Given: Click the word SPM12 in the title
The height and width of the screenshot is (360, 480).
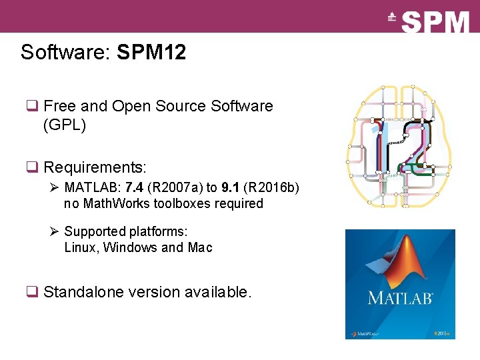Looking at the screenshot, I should pyautogui.click(x=151, y=53).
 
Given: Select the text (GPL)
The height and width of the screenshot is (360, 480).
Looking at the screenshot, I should pyautogui.click(x=65, y=125).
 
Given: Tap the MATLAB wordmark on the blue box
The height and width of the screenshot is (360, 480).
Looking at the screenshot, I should pyautogui.click(x=400, y=297).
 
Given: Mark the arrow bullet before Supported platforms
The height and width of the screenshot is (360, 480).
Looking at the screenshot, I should pyautogui.click(x=55, y=231).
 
